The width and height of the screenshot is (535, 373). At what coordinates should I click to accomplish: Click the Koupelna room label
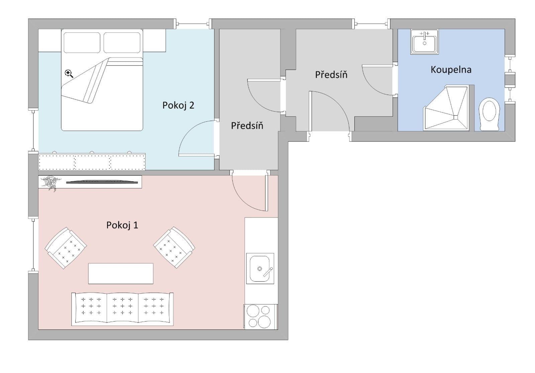pyautogui.click(x=451, y=70)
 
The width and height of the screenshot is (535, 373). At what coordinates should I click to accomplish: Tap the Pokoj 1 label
pyautogui.click(x=122, y=225)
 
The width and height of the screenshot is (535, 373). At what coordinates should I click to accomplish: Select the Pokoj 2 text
pyautogui.click(x=178, y=105)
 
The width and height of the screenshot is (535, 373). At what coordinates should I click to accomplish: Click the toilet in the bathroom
pyautogui.click(x=489, y=114)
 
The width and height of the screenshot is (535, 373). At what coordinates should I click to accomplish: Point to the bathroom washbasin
pyautogui.click(x=424, y=42)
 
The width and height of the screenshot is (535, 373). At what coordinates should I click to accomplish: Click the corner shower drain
pyautogui.click(x=455, y=117)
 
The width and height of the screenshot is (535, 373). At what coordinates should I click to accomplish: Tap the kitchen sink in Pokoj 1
pyautogui.click(x=260, y=268)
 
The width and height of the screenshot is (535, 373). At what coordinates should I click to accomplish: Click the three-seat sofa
pyautogui.click(x=122, y=309)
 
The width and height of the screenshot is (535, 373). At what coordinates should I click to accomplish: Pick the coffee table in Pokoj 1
pyautogui.click(x=121, y=273)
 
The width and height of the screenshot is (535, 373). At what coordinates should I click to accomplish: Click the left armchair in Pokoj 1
pyautogui.click(x=66, y=248)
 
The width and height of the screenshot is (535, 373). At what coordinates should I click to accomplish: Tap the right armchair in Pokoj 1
pyautogui.click(x=174, y=248)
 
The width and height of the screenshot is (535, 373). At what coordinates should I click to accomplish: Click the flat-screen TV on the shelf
pyautogui.click(x=102, y=182)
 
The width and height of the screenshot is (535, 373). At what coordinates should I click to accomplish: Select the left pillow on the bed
pyautogui.click(x=82, y=42)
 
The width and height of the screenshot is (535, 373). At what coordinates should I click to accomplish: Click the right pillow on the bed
pyautogui.click(x=121, y=42)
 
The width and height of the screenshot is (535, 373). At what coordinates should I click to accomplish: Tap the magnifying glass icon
pyautogui.click(x=69, y=74)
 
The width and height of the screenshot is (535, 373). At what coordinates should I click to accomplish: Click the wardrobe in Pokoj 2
pyautogui.click(x=92, y=162)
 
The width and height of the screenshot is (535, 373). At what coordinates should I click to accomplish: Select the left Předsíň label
pyautogui.click(x=247, y=126)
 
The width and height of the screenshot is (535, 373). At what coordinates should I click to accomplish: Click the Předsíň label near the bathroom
pyautogui.click(x=331, y=75)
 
